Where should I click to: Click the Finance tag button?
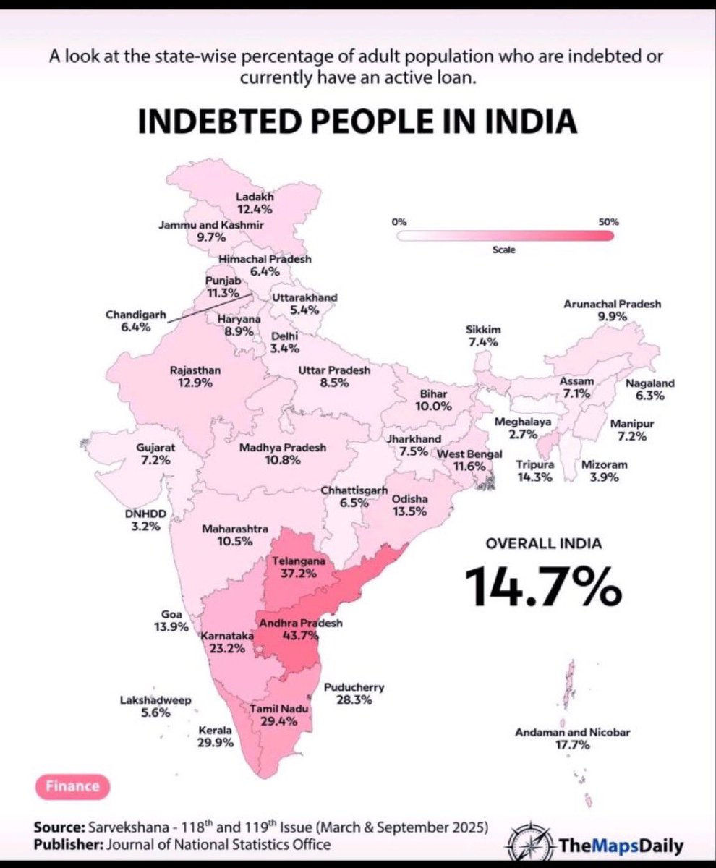73,786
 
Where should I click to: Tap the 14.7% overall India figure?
543,585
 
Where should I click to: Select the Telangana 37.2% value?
299,574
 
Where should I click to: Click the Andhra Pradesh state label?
301,623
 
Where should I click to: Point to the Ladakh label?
255,197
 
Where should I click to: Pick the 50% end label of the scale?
609,222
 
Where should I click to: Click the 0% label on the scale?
399,222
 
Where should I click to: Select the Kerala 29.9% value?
215,743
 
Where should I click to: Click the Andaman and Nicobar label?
573,732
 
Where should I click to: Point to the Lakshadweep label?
156,700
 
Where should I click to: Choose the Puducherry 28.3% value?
354,700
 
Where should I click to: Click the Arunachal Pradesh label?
612,304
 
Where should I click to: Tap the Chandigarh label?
136,314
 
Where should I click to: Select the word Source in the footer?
59,827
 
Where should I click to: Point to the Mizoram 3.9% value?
604,477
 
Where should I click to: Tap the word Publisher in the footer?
69,845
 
